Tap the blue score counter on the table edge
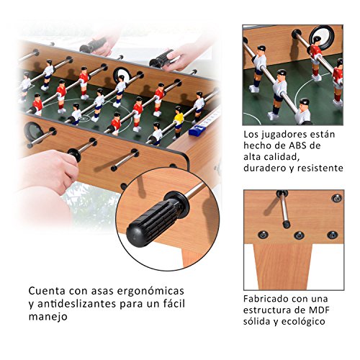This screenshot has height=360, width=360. click(197, 127)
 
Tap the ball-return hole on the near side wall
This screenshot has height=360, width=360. click(33, 131)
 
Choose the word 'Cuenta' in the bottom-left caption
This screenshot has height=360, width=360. click(47, 290)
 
